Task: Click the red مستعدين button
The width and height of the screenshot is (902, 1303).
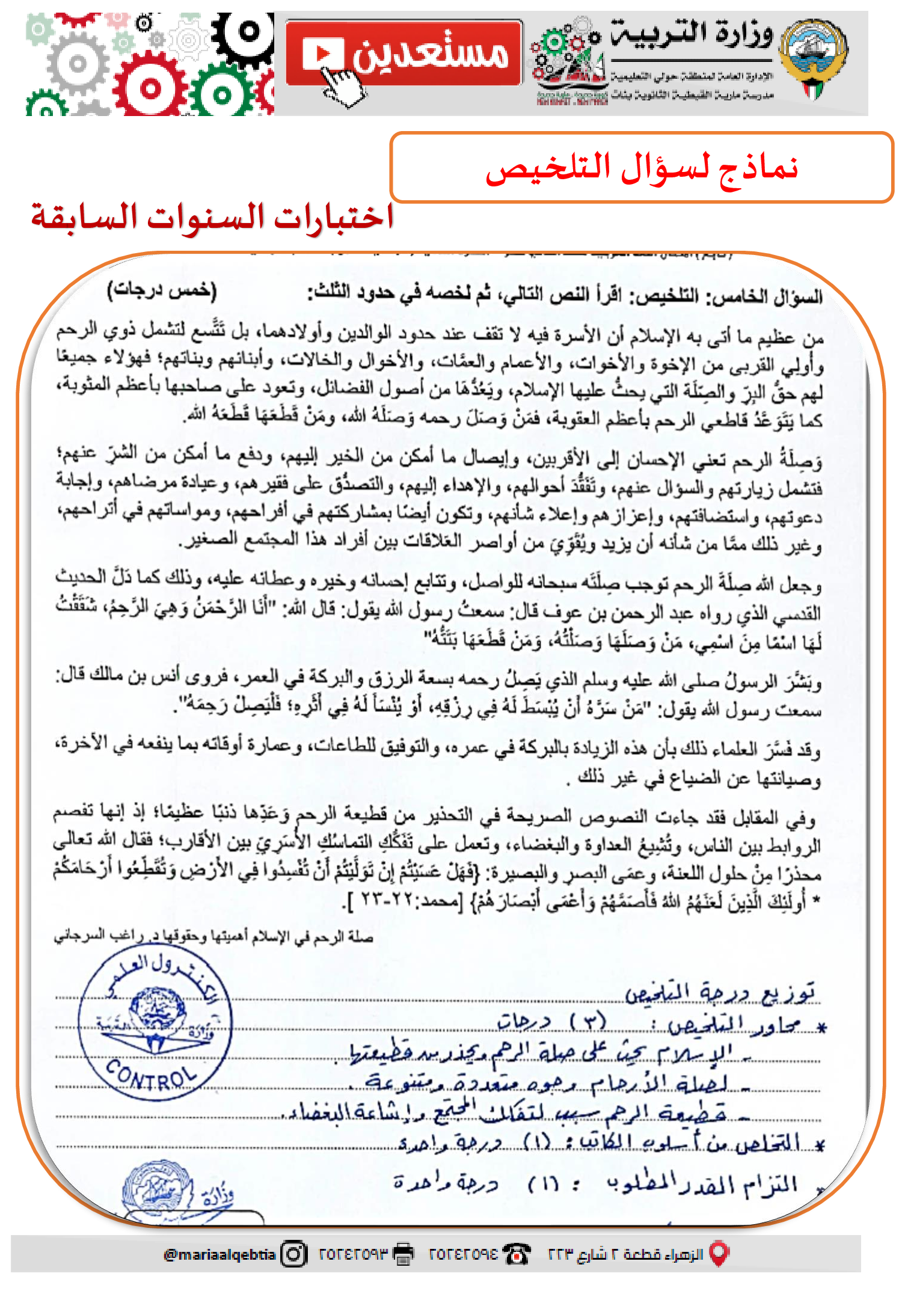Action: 403,53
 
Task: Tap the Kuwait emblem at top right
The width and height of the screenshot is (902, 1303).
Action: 813,58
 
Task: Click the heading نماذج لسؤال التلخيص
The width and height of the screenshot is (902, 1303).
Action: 642,168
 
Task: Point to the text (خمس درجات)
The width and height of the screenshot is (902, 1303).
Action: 162,290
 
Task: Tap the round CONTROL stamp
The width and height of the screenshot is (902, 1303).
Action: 155,1022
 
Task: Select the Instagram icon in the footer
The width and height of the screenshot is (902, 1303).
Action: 294,1254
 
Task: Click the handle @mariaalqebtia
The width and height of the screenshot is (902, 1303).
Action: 219,1255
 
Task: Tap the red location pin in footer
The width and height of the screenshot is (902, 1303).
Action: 719,1254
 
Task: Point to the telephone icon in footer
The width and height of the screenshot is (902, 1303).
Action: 517,1254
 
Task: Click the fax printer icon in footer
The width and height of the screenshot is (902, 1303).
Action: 403,1254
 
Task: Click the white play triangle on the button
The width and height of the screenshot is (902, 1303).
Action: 324,54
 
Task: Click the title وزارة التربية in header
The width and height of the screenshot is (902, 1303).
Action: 692,35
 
